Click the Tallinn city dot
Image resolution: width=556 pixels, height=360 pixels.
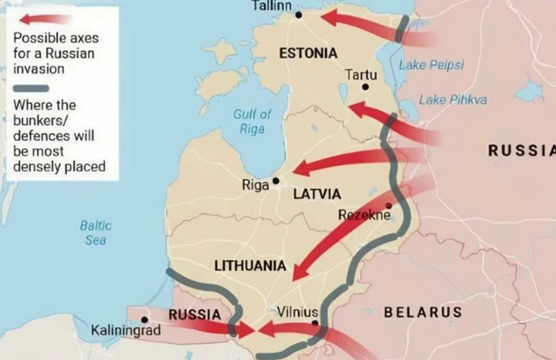pyautogui.click(x=298, y=15)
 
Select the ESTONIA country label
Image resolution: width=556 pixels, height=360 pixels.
pyautogui.click(x=308, y=53)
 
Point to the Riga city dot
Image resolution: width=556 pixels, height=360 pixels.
pyautogui.click(x=276, y=181)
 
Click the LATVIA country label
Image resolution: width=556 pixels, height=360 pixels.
pyautogui.click(x=317, y=194)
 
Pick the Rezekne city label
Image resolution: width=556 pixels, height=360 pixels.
pyautogui.click(x=364, y=214)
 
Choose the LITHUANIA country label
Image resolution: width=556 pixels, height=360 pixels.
pyautogui.click(x=250, y=266)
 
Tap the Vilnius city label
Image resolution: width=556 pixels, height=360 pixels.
pyautogui.click(x=297, y=313)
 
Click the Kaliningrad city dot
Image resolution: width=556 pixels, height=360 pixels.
pyautogui.click(x=145, y=320)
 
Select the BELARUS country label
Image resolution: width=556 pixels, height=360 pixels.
pyautogui.click(x=423, y=312)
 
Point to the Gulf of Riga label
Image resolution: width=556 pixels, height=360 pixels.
pyautogui.click(x=252, y=121)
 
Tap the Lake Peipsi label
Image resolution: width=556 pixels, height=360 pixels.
pyautogui.click(x=431, y=65)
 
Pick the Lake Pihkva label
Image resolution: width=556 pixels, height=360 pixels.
pyautogui.click(x=452, y=100)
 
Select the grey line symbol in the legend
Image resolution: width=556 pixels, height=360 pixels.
pyautogui.click(x=31, y=88)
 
